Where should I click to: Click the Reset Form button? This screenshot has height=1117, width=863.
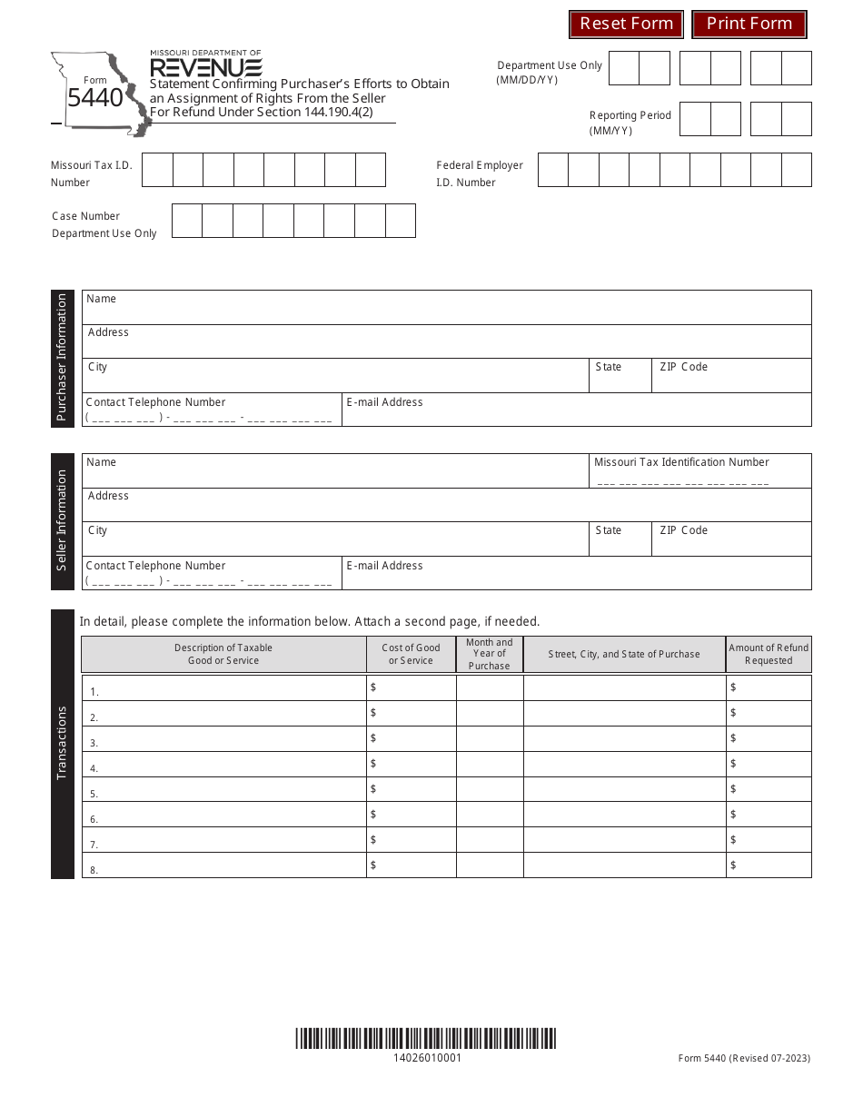coord(626,24)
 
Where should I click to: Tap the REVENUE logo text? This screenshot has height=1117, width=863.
coord(206,68)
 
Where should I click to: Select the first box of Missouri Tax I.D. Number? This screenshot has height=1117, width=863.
coord(158,170)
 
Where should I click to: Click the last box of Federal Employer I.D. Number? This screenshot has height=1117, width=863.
coord(796,170)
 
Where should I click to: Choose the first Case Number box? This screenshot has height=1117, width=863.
coord(187,221)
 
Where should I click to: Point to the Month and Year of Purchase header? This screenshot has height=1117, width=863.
coord(490,654)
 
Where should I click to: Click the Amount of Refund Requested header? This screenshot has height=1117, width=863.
coord(769,654)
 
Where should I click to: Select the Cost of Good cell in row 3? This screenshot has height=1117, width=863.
coord(412,739)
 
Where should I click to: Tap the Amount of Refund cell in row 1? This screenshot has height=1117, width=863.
coord(769,688)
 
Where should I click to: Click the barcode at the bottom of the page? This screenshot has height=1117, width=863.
coord(425,1039)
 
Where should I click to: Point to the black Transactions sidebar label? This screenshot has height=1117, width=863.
coord(63,744)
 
